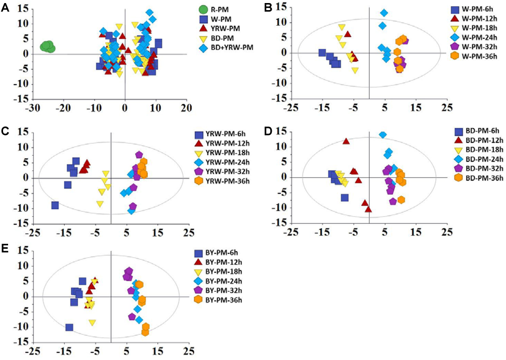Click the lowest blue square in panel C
point(55,205)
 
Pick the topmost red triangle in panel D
point(346,141)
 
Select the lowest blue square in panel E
point(69,327)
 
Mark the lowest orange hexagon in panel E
point(145,332)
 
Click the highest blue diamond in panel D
point(383,134)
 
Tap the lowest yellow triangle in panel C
point(100,204)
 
